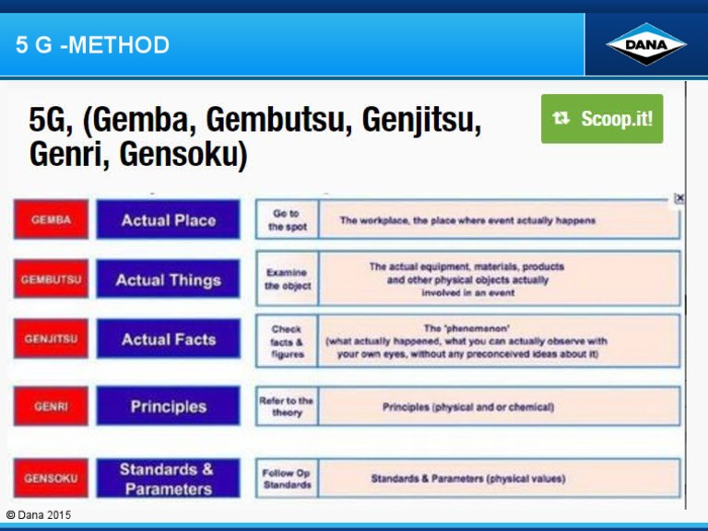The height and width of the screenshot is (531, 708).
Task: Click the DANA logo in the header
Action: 645,44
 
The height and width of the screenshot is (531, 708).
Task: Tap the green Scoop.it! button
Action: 602,119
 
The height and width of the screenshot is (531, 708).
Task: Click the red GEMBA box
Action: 51,220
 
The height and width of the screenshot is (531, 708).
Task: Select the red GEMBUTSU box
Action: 51,279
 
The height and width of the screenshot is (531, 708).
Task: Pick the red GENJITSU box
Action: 51,339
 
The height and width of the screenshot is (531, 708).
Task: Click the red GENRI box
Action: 51,407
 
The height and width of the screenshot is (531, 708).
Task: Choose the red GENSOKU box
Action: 51,478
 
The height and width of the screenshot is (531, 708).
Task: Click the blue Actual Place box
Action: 168,220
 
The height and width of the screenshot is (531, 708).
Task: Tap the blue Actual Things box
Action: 168,279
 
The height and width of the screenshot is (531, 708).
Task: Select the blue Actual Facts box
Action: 168,339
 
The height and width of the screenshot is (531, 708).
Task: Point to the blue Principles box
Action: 168,407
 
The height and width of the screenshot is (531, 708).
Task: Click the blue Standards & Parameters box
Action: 168,478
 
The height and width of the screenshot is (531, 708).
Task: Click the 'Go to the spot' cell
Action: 287,220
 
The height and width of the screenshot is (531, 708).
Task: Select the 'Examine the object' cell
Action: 287,279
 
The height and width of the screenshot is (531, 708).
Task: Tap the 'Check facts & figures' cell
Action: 287,340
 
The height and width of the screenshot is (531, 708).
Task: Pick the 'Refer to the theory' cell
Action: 287,407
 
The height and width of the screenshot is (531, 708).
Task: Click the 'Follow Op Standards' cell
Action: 287,478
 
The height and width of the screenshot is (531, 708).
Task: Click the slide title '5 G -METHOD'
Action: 92,44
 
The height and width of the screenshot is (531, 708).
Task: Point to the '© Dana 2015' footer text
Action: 38,514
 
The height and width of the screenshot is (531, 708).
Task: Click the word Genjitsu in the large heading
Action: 419,120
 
